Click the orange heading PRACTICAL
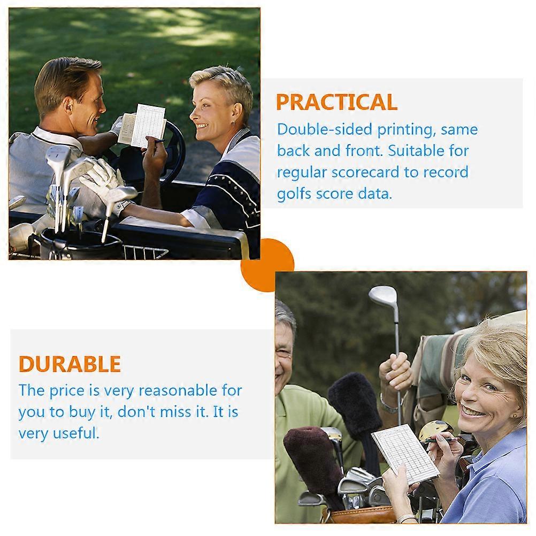coord(336,102)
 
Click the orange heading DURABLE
coord(70,364)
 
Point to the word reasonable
coord(178,390)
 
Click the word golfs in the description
coord(295,194)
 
